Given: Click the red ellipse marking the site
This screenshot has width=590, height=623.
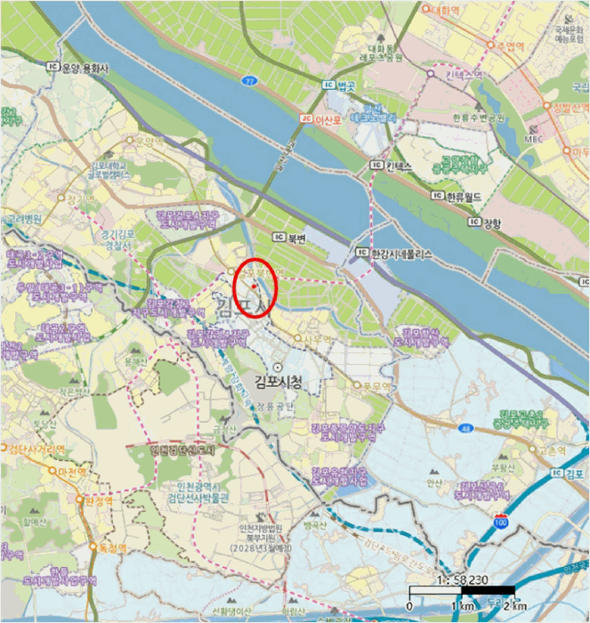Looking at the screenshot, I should point(256,287).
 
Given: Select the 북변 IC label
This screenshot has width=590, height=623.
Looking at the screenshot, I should point(291,239).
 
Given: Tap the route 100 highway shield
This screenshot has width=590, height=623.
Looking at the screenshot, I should point(502,515).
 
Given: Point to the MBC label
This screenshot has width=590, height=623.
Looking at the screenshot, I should point(534,139).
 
